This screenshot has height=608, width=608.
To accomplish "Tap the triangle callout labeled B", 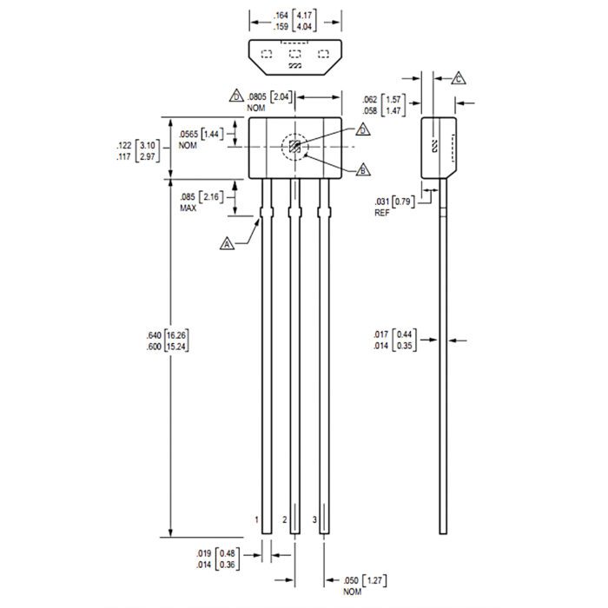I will click(362, 170).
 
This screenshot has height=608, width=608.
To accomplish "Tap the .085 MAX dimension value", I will click(188, 197).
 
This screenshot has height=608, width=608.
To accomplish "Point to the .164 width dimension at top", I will click(281, 16).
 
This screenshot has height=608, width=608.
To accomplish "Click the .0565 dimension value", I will click(189, 135).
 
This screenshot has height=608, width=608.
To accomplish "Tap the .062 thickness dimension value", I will click(373, 100).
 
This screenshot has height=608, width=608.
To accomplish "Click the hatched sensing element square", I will click(295, 147).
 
